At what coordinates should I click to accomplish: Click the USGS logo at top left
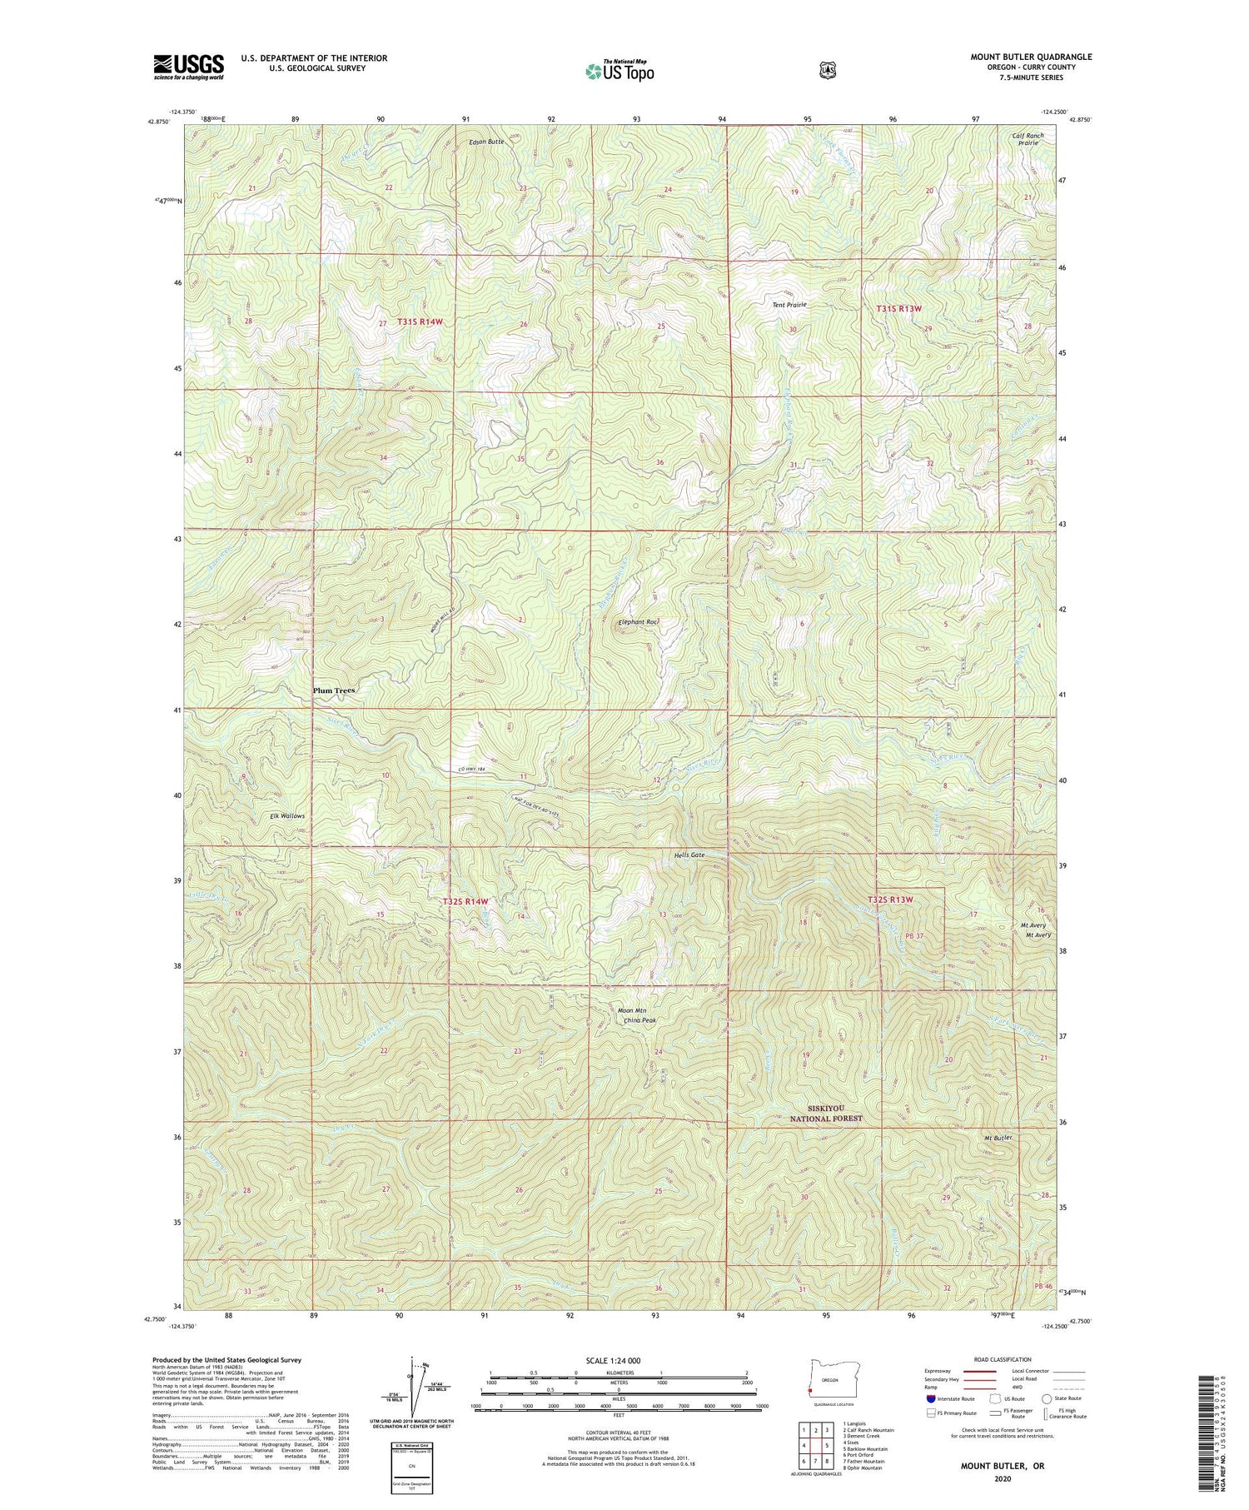click(188, 67)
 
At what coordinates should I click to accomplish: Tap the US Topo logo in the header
click(620, 71)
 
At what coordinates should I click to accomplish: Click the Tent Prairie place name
click(789, 305)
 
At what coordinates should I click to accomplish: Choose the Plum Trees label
click(333, 690)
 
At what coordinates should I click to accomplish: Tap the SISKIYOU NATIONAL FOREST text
click(826, 1114)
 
